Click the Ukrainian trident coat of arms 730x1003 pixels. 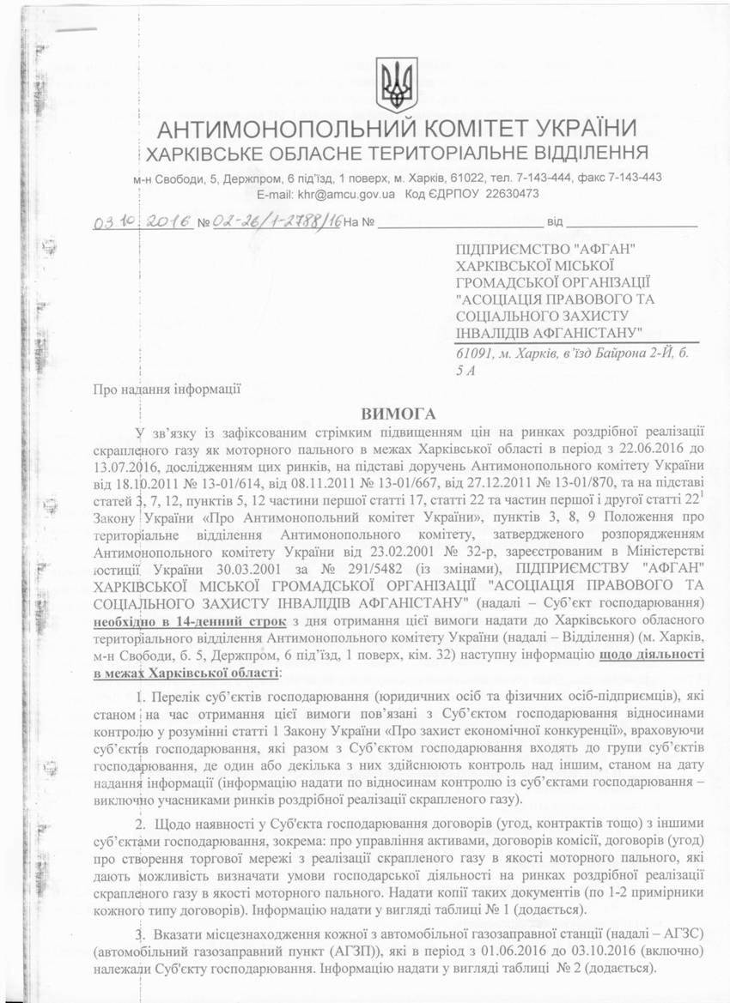[x=397, y=85]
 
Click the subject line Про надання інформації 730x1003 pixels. [x=166, y=388]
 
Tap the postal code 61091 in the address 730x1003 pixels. [x=473, y=353]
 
